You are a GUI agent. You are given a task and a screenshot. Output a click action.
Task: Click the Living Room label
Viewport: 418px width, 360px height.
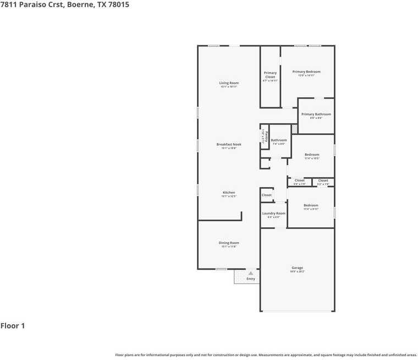pyautogui.click(x=229, y=83)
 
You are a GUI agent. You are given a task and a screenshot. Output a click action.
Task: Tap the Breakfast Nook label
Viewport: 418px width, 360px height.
pyautogui.click(x=229, y=144)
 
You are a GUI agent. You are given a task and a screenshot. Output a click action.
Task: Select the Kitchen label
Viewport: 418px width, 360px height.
pyautogui.click(x=229, y=193)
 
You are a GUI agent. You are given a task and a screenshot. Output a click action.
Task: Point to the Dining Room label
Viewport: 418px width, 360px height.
pyautogui.click(x=229, y=243)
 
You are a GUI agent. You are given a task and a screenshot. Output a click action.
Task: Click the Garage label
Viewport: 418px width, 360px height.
pyautogui.click(x=297, y=268)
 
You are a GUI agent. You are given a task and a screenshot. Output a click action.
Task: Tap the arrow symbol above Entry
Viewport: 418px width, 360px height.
pyautogui.click(x=251, y=273)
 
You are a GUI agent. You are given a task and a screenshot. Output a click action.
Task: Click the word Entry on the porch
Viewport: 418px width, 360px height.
pyautogui.click(x=251, y=279)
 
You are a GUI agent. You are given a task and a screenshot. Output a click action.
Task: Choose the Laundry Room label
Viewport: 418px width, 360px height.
pyautogui.click(x=273, y=213)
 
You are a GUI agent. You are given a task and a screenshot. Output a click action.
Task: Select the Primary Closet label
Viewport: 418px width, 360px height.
pyautogui.click(x=270, y=75)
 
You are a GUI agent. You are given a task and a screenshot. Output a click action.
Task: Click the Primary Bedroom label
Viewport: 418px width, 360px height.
pyautogui.click(x=306, y=72)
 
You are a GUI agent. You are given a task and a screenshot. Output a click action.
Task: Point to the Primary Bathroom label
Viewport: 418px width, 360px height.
pyautogui.click(x=316, y=114)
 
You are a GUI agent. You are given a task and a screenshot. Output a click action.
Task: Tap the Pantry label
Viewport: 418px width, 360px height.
pyautogui.click(x=266, y=135)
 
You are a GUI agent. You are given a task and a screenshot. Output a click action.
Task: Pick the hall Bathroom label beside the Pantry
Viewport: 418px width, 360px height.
pyautogui.click(x=279, y=140)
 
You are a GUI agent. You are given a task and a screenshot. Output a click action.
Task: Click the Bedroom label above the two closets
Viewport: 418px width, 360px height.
pyautogui.click(x=312, y=155)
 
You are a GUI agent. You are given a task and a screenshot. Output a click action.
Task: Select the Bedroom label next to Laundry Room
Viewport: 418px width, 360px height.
pyautogui.click(x=311, y=205)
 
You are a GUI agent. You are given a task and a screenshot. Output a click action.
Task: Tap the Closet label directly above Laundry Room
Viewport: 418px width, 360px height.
pyautogui.click(x=267, y=195)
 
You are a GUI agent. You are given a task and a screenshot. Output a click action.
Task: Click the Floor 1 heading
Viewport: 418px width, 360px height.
pyautogui.click(x=13, y=326)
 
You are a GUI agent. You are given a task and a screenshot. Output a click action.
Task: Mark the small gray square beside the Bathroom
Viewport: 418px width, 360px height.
pyautogui.click(x=294, y=129)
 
